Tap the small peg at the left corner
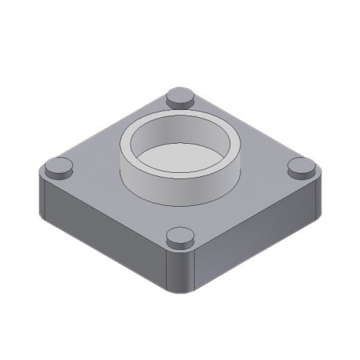(x=57, y=166)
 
